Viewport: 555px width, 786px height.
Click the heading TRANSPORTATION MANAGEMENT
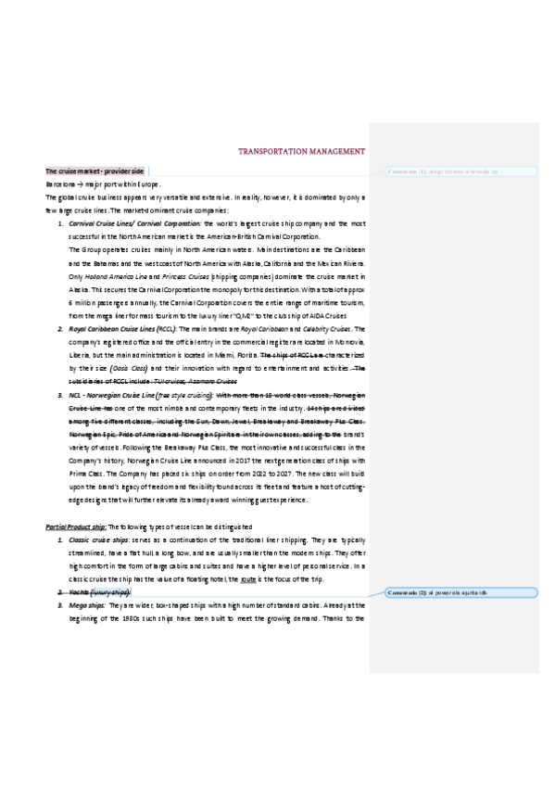[301, 151]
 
